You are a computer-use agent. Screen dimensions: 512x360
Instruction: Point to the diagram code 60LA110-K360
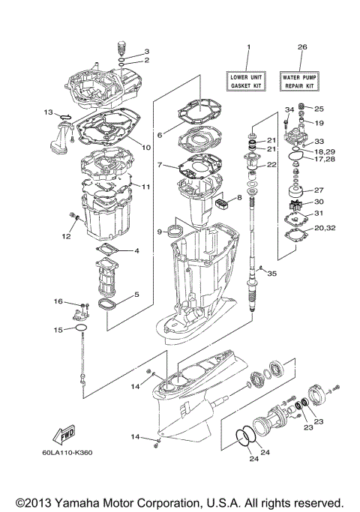point(73,453)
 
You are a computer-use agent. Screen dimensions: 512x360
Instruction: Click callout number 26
point(302,47)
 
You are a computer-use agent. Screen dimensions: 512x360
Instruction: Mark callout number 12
point(66,236)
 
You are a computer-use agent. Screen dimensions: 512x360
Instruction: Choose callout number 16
point(57,301)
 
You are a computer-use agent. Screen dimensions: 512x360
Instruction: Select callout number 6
point(160,135)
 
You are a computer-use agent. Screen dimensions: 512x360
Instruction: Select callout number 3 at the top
point(147,51)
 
